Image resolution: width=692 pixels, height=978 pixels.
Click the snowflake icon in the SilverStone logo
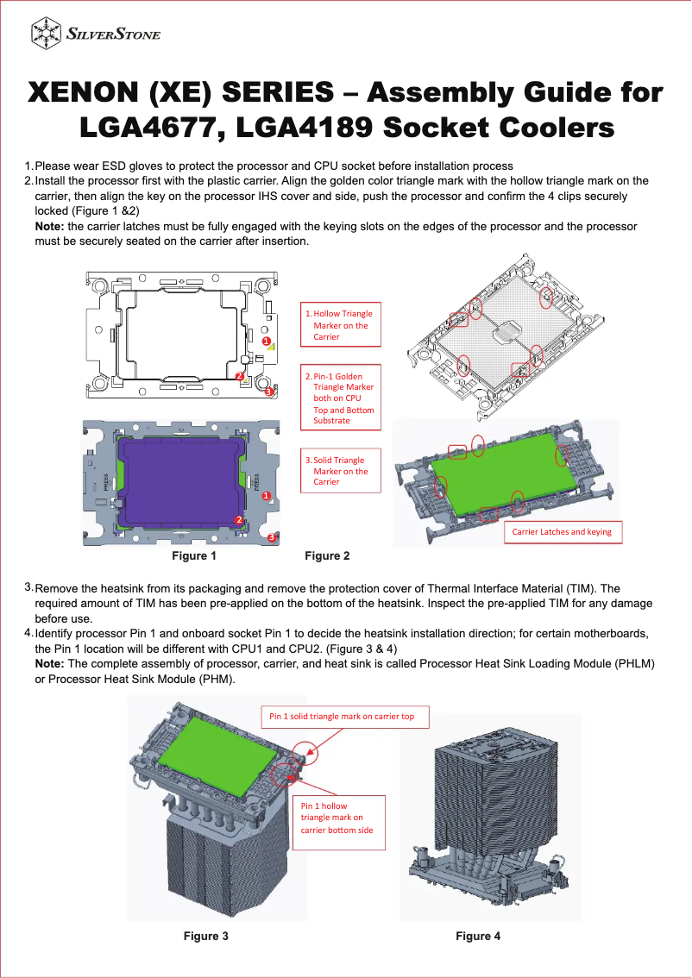pos(46,34)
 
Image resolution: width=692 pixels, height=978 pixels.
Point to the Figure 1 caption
pos(194,556)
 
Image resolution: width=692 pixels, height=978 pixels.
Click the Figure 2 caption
pos(328,556)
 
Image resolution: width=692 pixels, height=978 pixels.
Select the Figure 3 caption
pos(205,936)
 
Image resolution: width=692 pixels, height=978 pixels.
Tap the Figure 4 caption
pos(478,936)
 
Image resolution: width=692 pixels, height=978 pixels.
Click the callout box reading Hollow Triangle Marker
pos(340,325)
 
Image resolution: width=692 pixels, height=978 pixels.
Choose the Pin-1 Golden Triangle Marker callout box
pos(340,398)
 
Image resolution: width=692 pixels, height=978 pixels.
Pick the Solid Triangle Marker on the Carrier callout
pos(340,471)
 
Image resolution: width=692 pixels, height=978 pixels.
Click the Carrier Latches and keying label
pos(562,532)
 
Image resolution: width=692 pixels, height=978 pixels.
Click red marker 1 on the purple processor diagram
pos(267,497)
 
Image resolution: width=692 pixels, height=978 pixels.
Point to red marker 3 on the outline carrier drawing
pos(269,392)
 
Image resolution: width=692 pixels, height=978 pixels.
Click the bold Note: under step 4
pos(49,663)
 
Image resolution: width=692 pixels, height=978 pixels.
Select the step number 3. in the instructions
pos(28,587)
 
